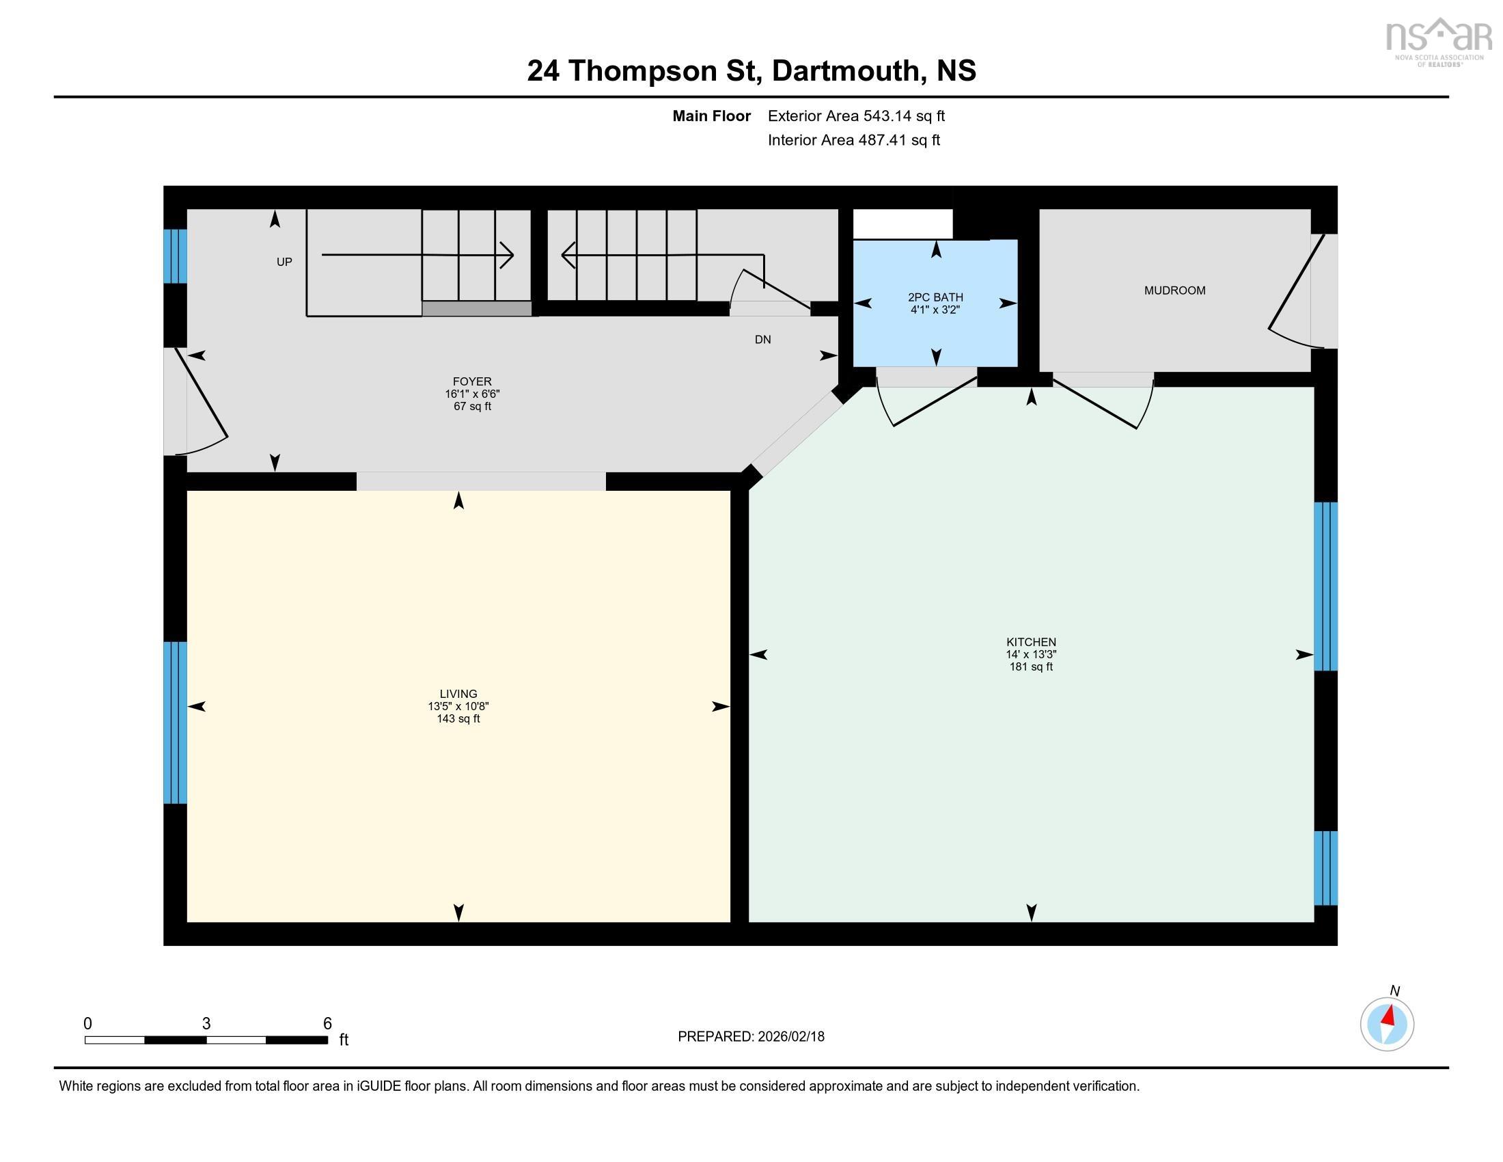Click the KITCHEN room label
[x=1030, y=643]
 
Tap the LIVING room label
[x=458, y=694]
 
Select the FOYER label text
[x=472, y=381]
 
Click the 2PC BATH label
[x=935, y=297]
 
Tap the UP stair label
[x=284, y=262]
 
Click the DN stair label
[x=762, y=340]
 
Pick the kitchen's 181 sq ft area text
[x=1030, y=666]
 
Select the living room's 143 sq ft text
[x=458, y=718]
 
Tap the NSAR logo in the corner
[x=1437, y=41]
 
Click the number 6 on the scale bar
[x=327, y=1024]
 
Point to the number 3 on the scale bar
[x=206, y=1024]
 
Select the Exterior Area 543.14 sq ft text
[x=856, y=116]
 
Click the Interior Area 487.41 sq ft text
[x=853, y=140]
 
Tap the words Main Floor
[x=711, y=116]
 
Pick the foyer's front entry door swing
[x=200, y=403]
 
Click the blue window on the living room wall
[x=175, y=722]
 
